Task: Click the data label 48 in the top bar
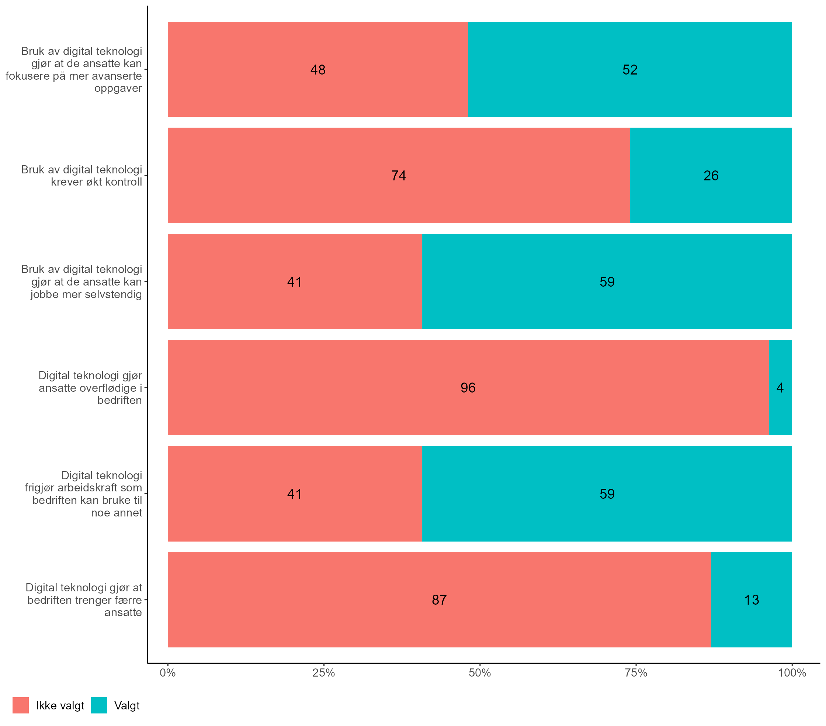317,70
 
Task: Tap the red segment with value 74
399,176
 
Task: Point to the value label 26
711,176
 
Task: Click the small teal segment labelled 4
780,388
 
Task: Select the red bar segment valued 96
468,388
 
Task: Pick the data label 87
439,600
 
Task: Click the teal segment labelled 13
751,600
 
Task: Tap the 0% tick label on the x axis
168,673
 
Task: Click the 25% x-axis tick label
324,673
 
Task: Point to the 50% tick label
480,673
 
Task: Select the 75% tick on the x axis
636,673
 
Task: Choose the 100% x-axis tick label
792,673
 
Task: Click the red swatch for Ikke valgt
21,705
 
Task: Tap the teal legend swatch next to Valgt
99,705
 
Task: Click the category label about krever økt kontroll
81,176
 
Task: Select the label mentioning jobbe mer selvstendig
81,282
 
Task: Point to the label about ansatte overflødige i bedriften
90,388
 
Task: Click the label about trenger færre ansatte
84,600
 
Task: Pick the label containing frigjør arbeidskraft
83,494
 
